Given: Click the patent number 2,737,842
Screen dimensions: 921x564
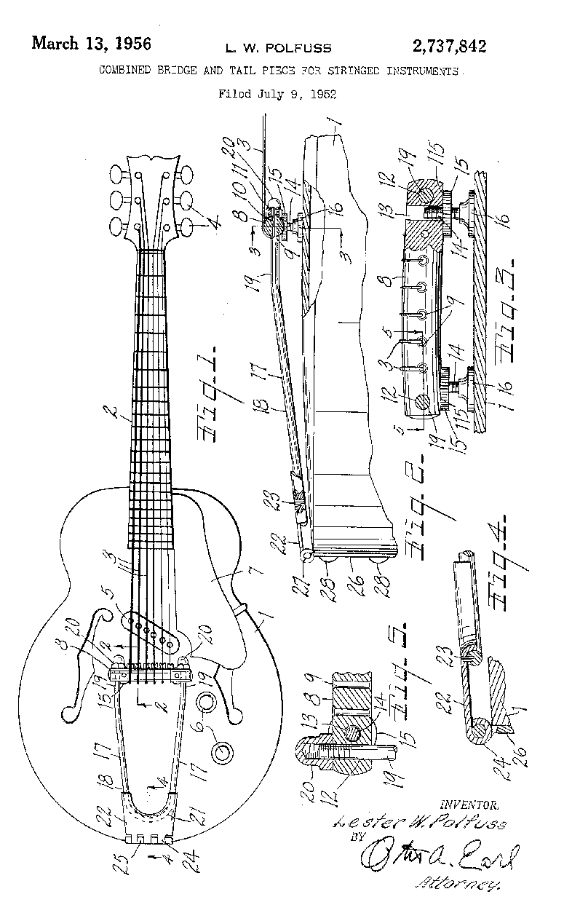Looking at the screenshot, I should (448, 47).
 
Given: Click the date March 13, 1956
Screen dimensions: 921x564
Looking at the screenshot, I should (91, 44).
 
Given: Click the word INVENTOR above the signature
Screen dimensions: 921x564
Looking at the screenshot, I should (469, 805).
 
